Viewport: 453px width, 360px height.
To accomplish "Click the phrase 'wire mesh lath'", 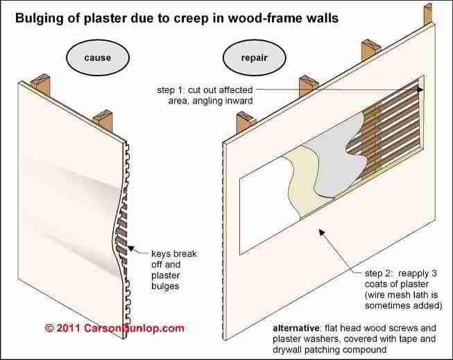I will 388,293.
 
